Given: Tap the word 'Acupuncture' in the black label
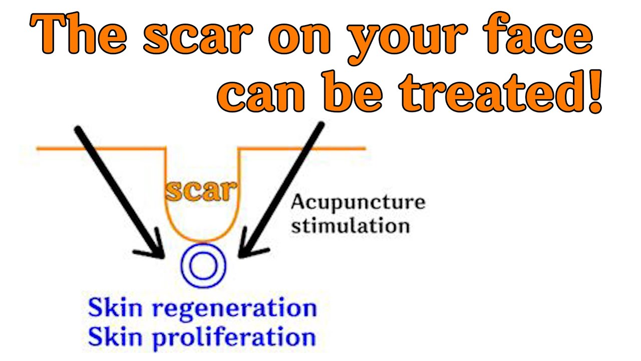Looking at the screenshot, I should [x=358, y=203].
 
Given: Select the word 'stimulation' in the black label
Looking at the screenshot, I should [x=350, y=226].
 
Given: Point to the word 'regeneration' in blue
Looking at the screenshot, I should [x=234, y=308].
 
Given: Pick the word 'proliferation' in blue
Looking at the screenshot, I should [x=234, y=337].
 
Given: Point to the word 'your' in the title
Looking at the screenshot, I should [x=411, y=43].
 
